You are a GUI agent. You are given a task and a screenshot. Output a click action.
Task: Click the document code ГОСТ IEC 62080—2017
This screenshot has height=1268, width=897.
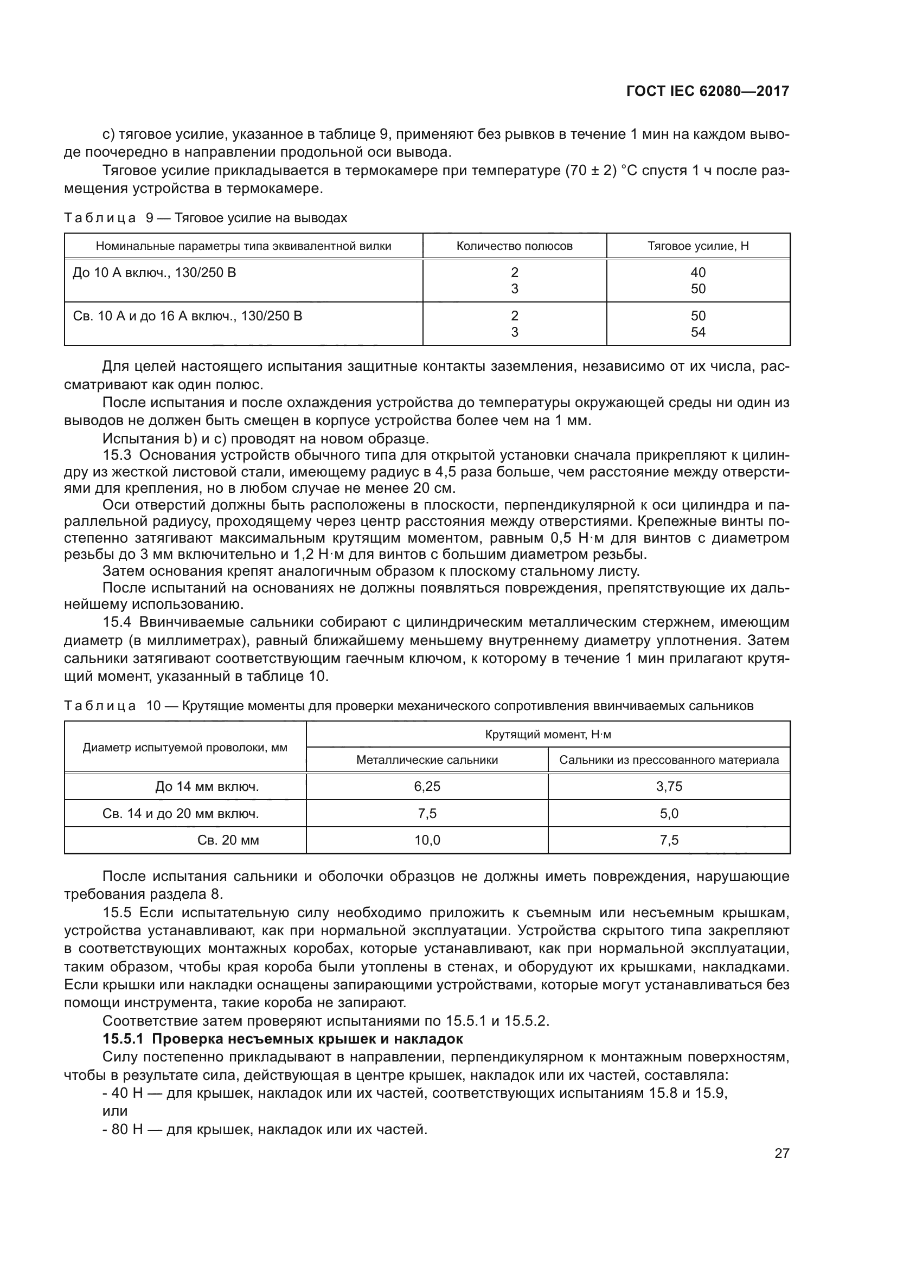tap(708, 91)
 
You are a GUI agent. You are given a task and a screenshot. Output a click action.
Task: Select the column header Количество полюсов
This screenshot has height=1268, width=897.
tap(514, 246)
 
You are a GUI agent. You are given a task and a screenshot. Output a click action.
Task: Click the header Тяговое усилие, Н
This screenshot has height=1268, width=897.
tap(698, 246)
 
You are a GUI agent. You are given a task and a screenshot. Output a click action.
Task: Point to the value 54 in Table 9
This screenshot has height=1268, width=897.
tap(698, 332)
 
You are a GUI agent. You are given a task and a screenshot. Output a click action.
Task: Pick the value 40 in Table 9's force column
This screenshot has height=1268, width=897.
tap(698, 272)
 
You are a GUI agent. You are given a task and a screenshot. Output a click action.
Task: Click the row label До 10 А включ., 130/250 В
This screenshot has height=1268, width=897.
tap(155, 273)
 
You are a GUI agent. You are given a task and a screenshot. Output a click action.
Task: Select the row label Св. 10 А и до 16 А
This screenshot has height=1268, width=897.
tap(188, 317)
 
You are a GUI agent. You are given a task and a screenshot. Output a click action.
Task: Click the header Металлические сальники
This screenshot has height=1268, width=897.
tap(427, 760)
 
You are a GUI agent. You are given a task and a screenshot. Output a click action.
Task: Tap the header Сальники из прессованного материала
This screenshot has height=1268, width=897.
tap(669, 760)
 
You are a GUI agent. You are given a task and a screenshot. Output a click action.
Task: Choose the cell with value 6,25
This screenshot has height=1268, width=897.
tap(427, 787)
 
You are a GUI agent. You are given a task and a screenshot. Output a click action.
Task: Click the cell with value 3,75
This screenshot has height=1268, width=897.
tap(669, 787)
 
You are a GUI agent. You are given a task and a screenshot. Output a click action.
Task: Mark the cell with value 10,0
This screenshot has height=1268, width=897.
tap(427, 841)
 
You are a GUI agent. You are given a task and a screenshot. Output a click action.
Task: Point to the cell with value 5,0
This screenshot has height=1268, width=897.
tap(669, 814)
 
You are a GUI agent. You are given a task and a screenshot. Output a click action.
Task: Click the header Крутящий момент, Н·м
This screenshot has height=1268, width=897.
tap(548, 735)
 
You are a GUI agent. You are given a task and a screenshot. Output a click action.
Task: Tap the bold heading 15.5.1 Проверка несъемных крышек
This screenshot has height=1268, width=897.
tap(283, 1039)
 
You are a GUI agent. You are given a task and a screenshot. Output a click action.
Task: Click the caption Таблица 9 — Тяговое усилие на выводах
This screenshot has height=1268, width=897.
tap(206, 218)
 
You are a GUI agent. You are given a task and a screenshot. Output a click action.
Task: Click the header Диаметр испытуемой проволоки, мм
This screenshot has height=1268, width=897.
tap(185, 748)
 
